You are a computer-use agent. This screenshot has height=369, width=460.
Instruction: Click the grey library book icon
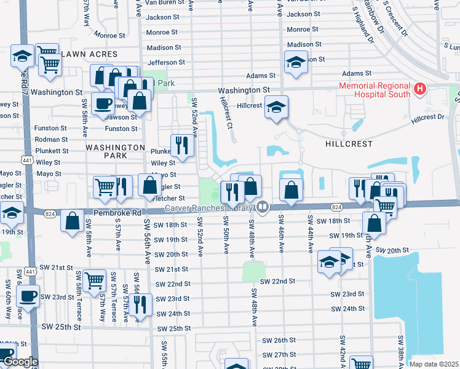pos(263,207)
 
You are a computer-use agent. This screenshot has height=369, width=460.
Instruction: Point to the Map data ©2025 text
pos(433,364)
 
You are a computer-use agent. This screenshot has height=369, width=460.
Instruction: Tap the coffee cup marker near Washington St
pos(102,103)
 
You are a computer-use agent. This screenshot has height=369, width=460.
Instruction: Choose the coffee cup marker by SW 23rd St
pos(28,295)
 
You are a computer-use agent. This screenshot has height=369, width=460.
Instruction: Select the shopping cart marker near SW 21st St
pos(94,280)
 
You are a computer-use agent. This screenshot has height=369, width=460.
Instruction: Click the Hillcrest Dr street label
pos(428,117)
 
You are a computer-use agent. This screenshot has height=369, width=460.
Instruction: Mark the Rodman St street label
pos(52,140)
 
